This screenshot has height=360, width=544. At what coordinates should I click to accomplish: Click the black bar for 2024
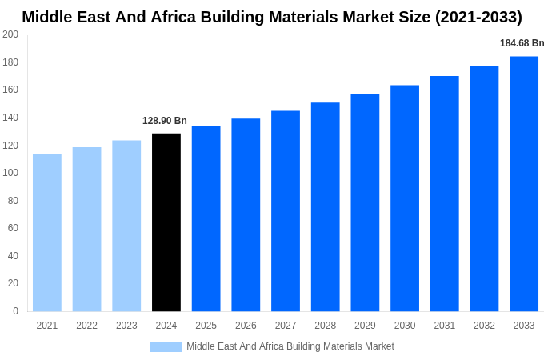166,222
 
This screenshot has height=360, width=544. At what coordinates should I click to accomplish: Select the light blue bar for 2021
47,232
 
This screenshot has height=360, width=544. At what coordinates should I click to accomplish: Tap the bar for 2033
524,184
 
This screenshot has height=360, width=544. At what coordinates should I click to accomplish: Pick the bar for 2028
326,206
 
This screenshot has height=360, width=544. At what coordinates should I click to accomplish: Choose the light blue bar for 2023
126,226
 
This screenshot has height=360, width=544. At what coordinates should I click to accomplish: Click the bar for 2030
405,198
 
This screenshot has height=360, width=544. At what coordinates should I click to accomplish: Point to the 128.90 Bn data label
165,121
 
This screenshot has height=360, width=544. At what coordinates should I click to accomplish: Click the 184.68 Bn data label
522,43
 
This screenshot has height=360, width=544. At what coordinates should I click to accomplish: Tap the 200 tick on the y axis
10,34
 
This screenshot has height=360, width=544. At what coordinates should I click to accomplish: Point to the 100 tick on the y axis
10,173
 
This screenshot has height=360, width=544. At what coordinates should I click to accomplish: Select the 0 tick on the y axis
15,311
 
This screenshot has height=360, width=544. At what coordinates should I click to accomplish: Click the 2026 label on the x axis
246,326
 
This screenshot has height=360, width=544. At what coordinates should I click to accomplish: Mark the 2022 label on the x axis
86,326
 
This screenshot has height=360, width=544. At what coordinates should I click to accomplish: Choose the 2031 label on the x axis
445,326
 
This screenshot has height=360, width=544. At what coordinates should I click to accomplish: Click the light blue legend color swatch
166,346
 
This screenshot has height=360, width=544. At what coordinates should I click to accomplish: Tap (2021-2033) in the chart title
478,17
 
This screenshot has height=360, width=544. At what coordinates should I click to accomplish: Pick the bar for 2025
206,218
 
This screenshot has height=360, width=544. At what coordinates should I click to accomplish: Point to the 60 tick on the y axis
13,228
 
